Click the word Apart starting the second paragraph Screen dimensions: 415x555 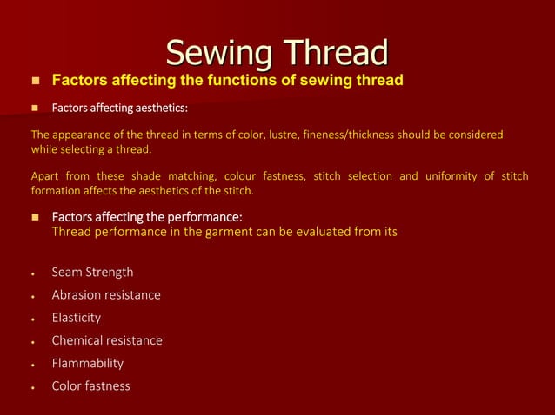click(46, 176)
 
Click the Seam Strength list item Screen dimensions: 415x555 click(92, 273)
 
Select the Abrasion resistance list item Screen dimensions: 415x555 click(106, 295)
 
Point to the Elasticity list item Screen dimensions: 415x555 click(77, 318)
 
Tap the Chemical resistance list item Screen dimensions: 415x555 click(107, 340)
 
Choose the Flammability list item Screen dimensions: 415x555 click(88, 363)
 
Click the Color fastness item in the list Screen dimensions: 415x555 click(90, 385)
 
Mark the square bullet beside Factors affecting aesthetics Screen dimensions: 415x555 click(36, 109)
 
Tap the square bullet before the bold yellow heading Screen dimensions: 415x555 click(36, 82)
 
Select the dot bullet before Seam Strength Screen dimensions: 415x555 click(32, 274)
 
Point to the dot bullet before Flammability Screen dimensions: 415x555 click(32, 365)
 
